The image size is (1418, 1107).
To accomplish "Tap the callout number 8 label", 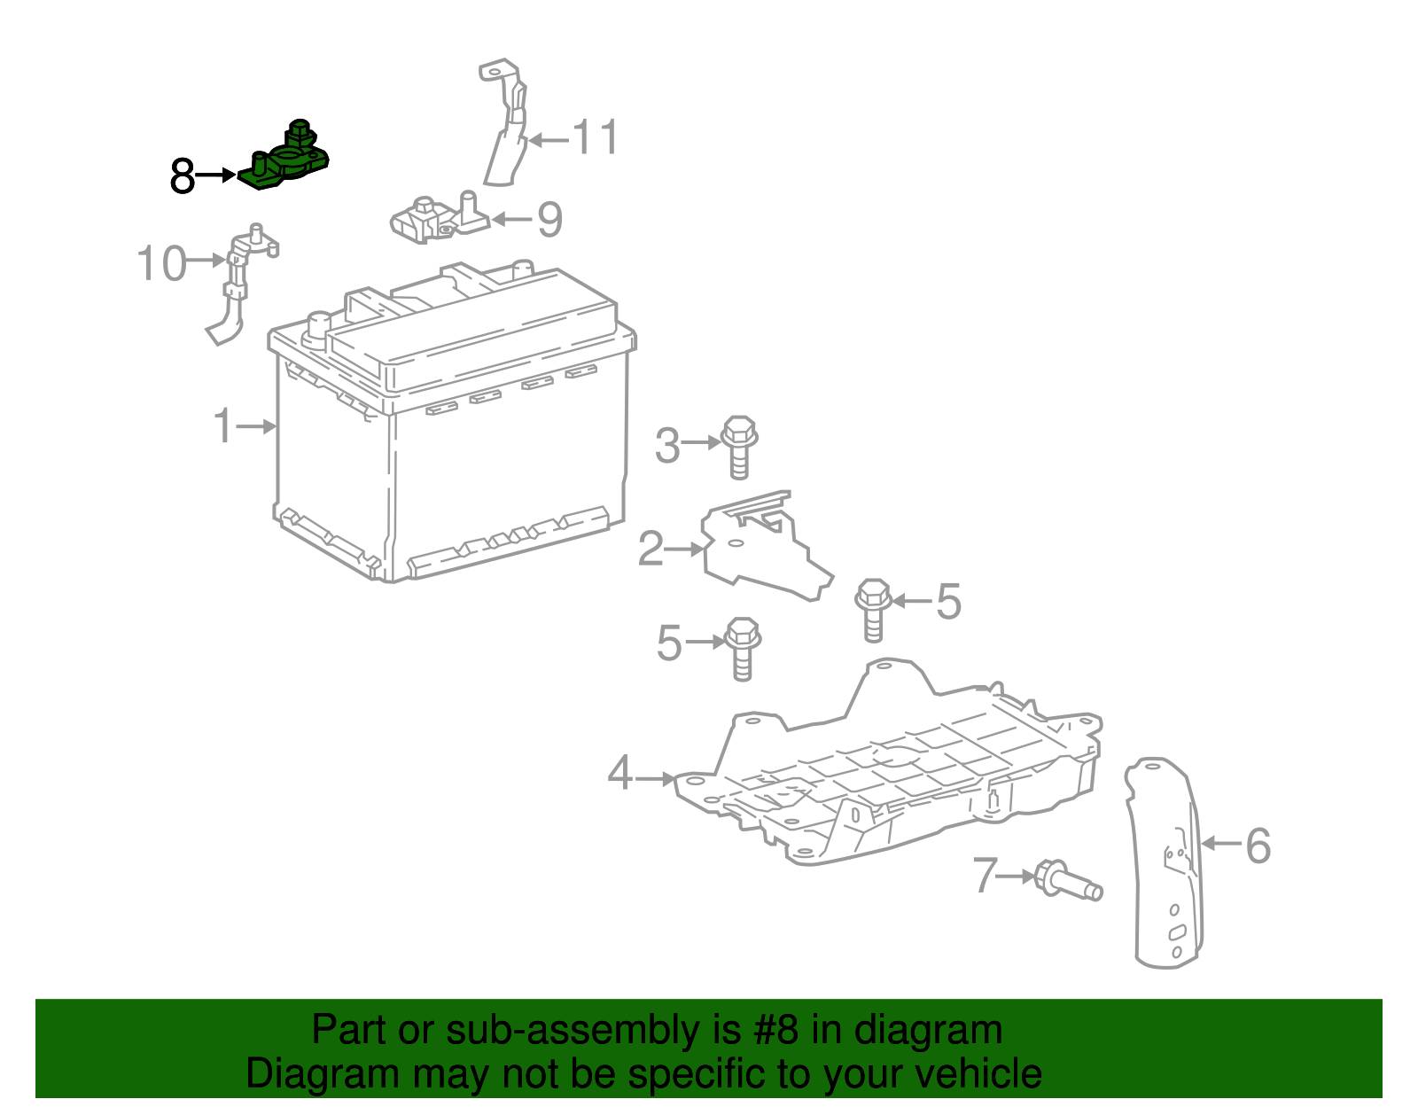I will coord(182,176).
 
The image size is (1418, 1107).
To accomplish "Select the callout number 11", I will coord(595,138).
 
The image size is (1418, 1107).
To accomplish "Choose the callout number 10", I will coord(161,263).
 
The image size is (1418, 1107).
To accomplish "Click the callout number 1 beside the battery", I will coord(222,426).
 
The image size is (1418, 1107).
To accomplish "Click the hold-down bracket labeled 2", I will coord(762,550).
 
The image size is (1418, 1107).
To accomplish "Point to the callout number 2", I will coord(651,549).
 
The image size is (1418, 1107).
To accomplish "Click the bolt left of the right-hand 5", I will coord(873,607).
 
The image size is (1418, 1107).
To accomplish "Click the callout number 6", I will coord(1258,845).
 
